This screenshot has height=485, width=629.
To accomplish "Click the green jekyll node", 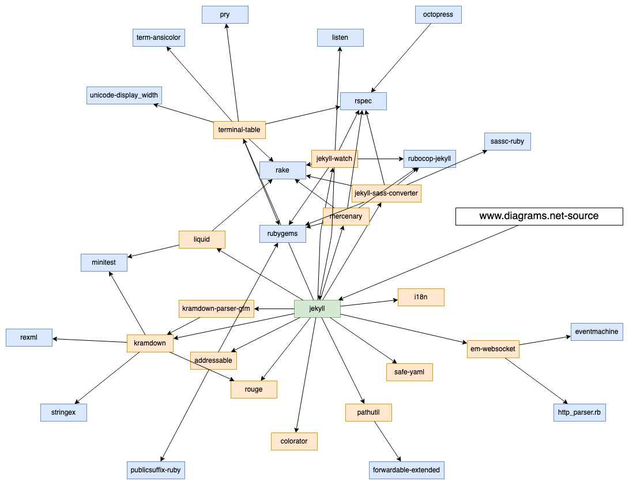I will (x=317, y=309).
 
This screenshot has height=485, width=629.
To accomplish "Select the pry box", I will (x=225, y=14).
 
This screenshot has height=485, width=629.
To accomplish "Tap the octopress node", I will (x=438, y=14).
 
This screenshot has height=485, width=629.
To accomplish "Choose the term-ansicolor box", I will (x=159, y=37).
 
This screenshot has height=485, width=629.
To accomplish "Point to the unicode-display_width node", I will (x=124, y=95).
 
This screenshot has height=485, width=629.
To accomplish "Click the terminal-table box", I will (x=239, y=130).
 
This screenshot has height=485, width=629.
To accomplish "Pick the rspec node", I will (x=363, y=101).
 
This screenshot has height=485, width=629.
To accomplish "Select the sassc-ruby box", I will (x=507, y=141).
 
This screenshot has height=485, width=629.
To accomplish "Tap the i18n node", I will (x=421, y=297).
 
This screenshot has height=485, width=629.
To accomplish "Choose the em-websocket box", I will (x=493, y=349).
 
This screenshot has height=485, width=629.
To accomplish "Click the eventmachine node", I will (x=597, y=332).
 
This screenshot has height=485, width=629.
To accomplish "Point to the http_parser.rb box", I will (x=579, y=412).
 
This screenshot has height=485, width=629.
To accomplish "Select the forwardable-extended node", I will (x=406, y=470).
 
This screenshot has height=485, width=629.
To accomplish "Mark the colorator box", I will (x=294, y=441).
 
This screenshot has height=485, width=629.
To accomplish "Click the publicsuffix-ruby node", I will (x=156, y=470).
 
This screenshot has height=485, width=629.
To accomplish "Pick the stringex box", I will (x=63, y=412).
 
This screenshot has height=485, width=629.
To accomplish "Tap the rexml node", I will (x=29, y=337).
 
